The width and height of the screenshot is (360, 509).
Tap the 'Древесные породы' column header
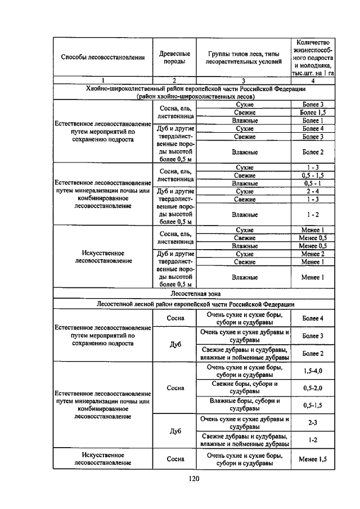click(174, 57)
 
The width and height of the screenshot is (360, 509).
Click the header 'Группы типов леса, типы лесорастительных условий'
click(244, 57)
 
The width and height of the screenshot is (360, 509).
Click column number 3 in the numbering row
click(244, 80)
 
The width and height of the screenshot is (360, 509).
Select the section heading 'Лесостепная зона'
click(195, 294)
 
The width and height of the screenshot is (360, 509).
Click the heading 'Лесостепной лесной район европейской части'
click(195, 304)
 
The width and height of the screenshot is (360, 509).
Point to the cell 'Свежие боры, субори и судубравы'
click(244, 388)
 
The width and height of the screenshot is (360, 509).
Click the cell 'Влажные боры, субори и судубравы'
click(244, 404)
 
